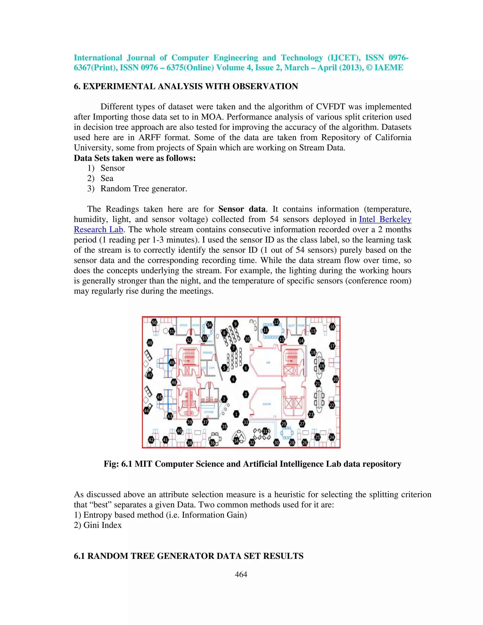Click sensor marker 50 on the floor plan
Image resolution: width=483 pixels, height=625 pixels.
pos(154,322)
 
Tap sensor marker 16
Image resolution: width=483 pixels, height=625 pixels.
pos(332,327)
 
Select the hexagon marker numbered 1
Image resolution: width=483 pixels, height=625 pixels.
pos(236,414)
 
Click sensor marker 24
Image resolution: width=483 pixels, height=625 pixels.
pos(332,437)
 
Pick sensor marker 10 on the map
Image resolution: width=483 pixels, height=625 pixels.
pos(247,339)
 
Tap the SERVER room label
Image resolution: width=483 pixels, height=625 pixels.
pos(267,404)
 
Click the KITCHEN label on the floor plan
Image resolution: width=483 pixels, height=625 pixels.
pos(208,412)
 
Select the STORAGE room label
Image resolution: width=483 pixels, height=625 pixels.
pos(208,353)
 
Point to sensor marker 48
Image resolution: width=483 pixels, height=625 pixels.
pos(172,362)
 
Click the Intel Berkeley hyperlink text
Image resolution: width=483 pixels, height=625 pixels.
pos(385,219)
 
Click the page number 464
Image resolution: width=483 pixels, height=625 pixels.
pos(241,574)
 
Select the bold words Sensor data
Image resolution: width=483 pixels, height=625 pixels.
pos(242,209)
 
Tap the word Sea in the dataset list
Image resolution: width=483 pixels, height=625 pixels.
pos(107,178)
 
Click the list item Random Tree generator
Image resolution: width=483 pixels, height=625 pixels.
pos(144,189)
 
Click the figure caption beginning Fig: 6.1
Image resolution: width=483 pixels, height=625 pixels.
pos(252,464)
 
